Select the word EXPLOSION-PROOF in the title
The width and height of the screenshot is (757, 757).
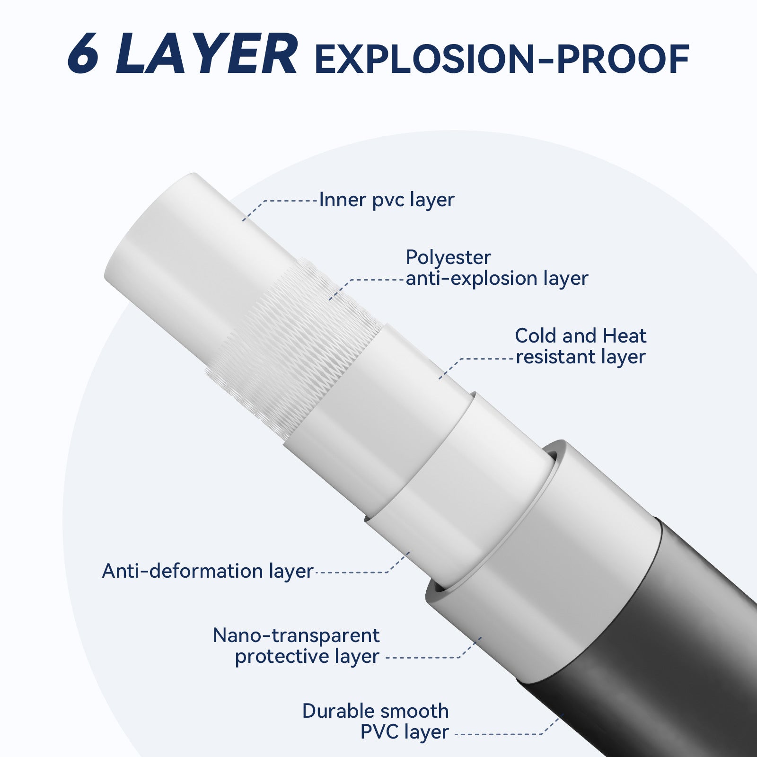502,60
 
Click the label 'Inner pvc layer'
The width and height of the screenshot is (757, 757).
387,200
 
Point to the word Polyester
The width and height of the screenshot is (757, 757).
449,257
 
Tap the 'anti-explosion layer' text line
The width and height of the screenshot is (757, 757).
497,278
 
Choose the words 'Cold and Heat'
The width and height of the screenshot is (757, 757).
581,336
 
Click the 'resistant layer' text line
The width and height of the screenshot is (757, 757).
581,357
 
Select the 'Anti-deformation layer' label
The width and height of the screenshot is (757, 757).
208,571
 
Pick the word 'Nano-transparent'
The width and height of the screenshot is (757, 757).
296,635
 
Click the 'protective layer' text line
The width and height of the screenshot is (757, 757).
308,657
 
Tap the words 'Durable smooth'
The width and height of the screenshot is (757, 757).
376,711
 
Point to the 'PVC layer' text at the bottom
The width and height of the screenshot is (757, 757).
405,732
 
